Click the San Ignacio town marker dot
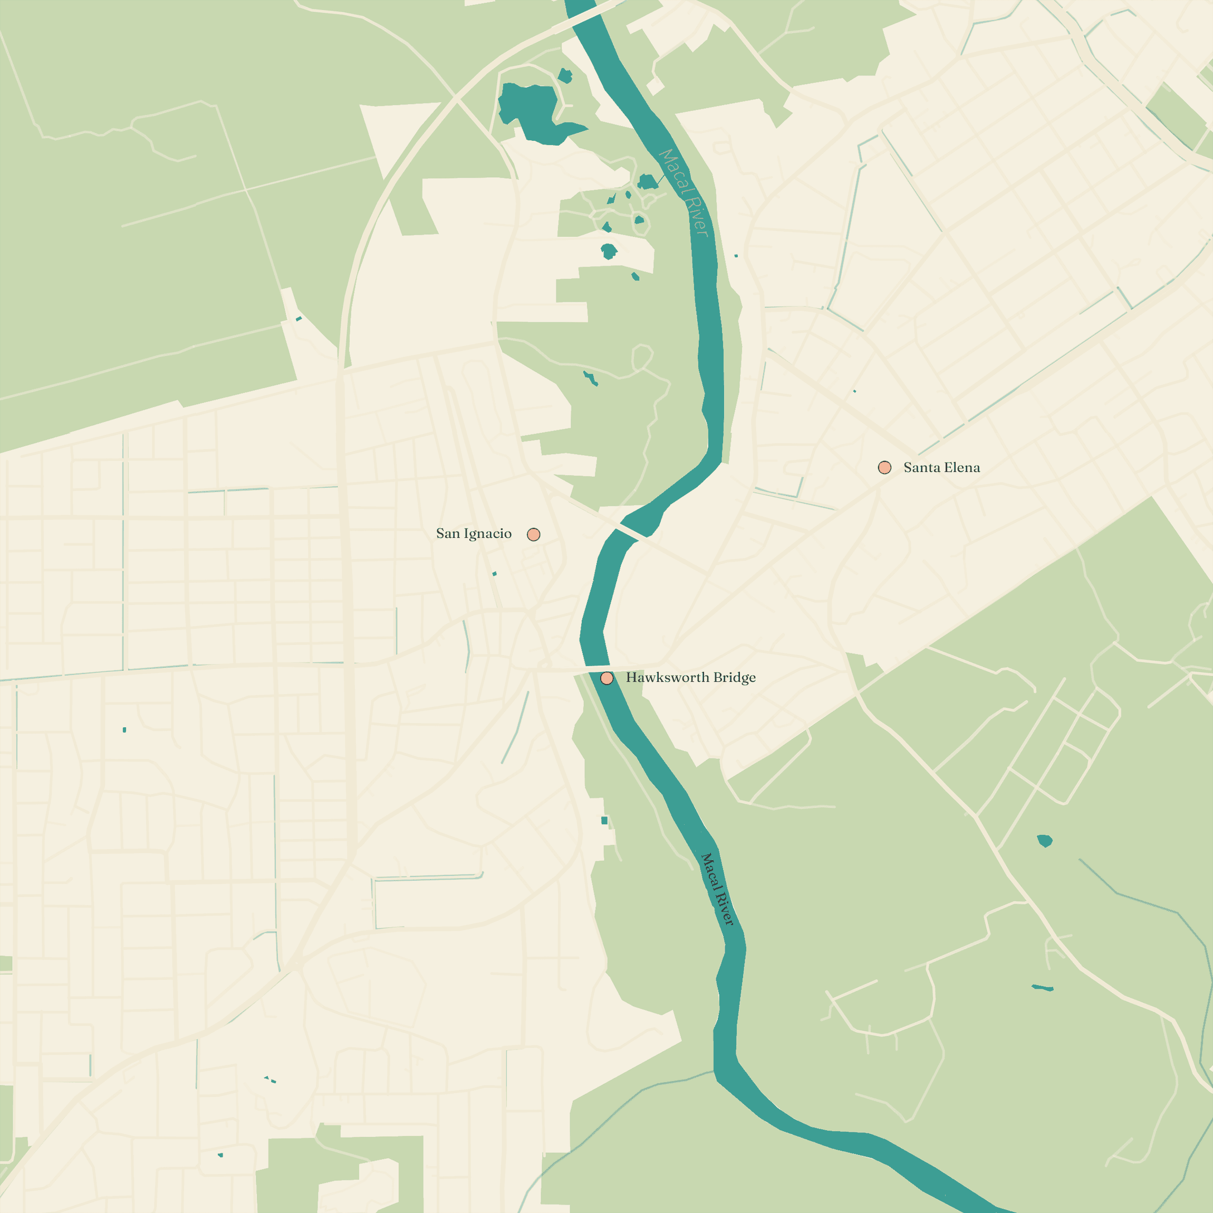click(x=534, y=534)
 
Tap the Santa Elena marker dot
click(x=884, y=468)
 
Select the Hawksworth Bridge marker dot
click(x=607, y=678)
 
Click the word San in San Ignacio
click(x=448, y=534)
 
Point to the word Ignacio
click(x=488, y=534)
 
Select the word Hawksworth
click(x=667, y=678)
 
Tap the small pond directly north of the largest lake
click(x=565, y=76)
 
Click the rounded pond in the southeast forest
click(x=1045, y=841)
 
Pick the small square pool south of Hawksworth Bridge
click(x=604, y=821)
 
